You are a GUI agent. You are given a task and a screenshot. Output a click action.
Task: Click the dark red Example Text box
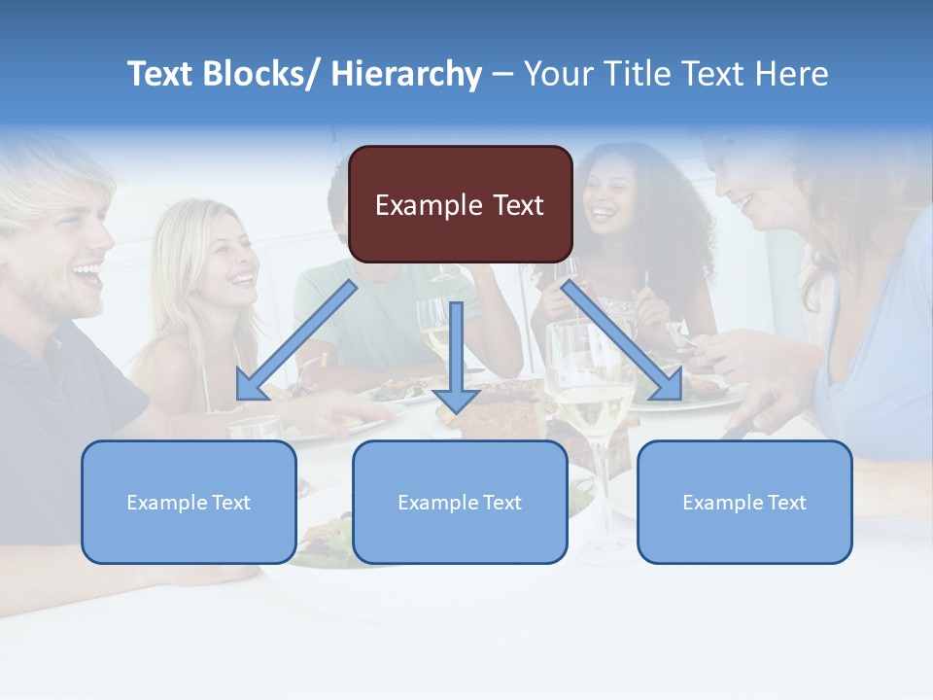460,204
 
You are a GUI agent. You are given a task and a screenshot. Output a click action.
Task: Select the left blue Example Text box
189,502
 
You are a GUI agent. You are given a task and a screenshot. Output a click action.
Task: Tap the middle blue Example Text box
460,502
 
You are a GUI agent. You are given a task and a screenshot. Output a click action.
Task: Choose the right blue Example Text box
744,502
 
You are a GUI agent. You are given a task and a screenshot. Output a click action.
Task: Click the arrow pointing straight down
456,360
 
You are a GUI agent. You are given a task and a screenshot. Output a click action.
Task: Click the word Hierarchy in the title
406,74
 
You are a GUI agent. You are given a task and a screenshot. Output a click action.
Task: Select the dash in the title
502,74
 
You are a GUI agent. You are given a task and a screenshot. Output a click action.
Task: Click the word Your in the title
557,74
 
